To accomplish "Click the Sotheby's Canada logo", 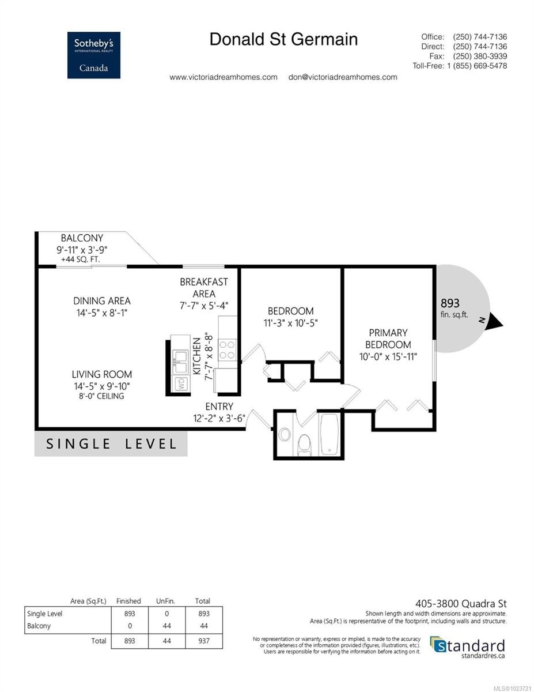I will [x=93, y=55].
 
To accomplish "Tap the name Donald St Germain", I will [x=283, y=39].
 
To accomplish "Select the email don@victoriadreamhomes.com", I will [x=342, y=77].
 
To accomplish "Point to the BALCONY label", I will [x=82, y=238].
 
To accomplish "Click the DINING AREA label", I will [x=101, y=300].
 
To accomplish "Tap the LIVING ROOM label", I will [x=101, y=374].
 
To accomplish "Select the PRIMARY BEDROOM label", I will [x=388, y=338].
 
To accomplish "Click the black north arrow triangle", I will [x=493, y=323].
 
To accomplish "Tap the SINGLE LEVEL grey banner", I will [x=111, y=443].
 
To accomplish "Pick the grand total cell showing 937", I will [x=203, y=641].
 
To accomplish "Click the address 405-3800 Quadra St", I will [x=461, y=604].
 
